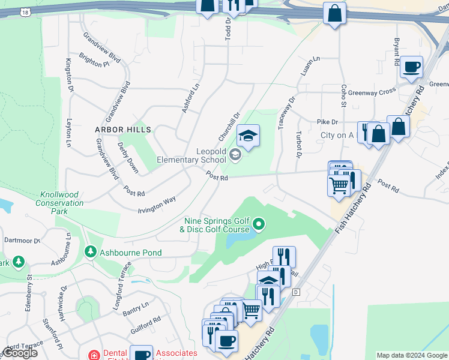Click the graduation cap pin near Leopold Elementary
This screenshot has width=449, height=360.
[x=248, y=137]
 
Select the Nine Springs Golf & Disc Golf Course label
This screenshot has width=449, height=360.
[x=216, y=225]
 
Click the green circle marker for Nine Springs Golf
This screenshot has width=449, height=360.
[x=259, y=225]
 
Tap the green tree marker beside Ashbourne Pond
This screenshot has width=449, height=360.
[x=91, y=252]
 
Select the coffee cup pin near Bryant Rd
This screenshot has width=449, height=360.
[x=412, y=68]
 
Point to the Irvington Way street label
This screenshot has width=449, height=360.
[x=157, y=203]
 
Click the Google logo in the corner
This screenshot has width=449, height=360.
[x=20, y=353]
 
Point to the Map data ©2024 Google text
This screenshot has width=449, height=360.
[x=411, y=355]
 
